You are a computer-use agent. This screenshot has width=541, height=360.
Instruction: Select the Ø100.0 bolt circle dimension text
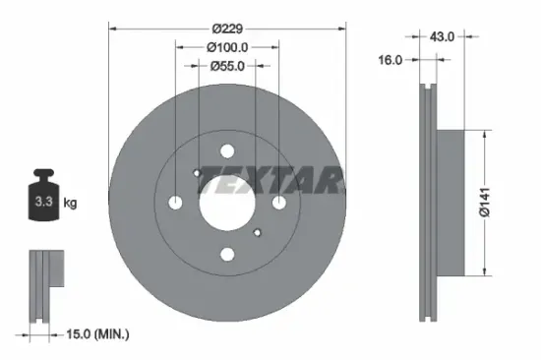pyautogui.click(x=227, y=45)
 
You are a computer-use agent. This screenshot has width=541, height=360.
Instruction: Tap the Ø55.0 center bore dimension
pyautogui.click(x=227, y=66)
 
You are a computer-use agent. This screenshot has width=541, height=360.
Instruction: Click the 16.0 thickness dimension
pyautogui.click(x=391, y=60)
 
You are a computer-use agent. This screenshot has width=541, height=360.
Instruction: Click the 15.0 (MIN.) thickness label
pyautogui.click(x=89, y=334)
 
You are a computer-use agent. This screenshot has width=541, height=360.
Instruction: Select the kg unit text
pyautogui.click(x=70, y=204)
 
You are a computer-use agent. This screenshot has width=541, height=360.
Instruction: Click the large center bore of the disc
pyautogui.click(x=227, y=202)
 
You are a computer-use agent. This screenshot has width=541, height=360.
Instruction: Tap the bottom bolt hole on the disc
pyautogui.click(x=227, y=254)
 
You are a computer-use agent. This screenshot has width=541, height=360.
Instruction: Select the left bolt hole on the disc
pyautogui.click(x=176, y=202)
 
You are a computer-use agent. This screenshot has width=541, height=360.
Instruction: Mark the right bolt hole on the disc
pyautogui.click(x=279, y=202)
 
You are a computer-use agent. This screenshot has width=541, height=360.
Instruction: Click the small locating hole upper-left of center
pyautogui.click(x=198, y=173)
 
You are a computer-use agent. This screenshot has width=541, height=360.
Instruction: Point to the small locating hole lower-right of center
pyautogui.click(x=258, y=232)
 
